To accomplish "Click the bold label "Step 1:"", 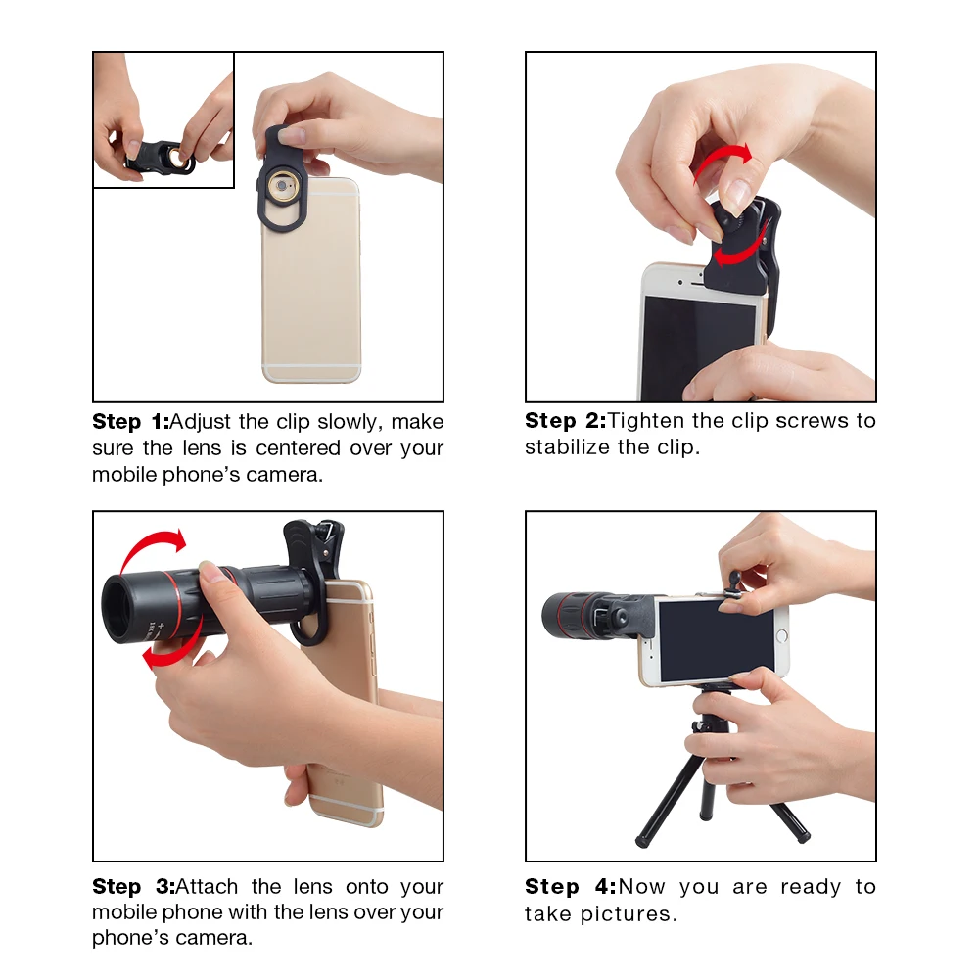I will (x=130, y=422).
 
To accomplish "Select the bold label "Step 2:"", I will (x=563, y=421).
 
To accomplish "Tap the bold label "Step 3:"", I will (x=132, y=887).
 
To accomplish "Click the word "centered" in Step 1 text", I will (x=298, y=448).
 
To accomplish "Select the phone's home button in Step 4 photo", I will (x=781, y=636).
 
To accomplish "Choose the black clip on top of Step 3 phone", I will (x=315, y=548).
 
